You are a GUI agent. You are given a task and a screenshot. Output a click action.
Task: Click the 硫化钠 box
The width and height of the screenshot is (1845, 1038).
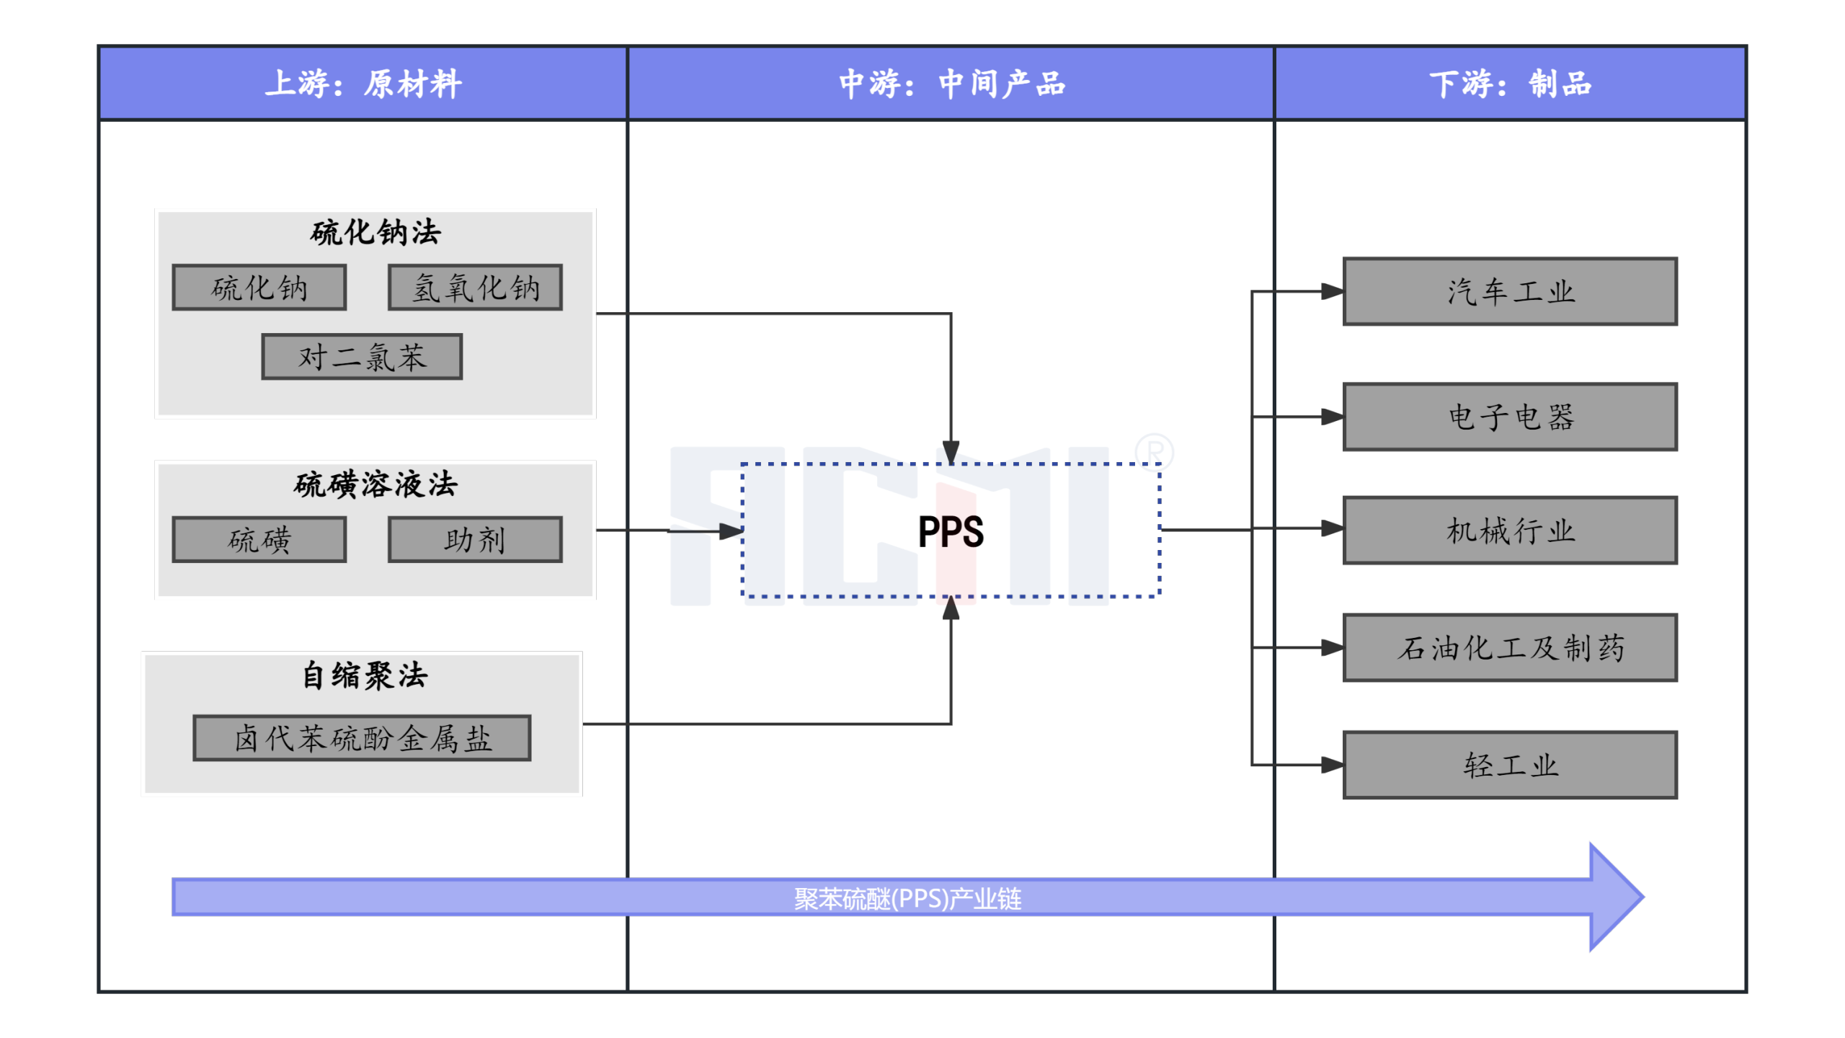(x=259, y=288)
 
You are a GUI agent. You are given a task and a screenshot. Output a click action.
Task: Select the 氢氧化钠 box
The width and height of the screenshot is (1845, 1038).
(x=474, y=288)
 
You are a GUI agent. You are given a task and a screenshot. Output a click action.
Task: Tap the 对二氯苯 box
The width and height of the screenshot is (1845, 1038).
(x=361, y=356)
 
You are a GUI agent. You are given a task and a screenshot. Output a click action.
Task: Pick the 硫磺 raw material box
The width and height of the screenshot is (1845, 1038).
(x=259, y=538)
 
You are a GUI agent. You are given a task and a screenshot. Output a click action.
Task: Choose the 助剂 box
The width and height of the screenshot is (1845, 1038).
(x=474, y=538)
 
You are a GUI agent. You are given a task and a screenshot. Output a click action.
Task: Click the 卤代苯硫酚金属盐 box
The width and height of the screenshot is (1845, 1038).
(x=361, y=737)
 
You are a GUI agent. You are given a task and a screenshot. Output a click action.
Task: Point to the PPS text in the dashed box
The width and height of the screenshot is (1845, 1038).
(x=950, y=531)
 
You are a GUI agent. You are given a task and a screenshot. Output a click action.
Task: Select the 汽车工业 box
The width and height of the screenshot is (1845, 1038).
(x=1509, y=291)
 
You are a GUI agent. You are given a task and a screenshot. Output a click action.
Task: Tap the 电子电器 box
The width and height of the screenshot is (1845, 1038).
(x=1509, y=416)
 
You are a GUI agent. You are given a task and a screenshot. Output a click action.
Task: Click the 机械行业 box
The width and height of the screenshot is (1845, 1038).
(x=1509, y=530)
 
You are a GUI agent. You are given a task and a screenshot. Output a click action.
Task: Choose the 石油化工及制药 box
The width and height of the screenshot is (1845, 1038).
(x=1509, y=647)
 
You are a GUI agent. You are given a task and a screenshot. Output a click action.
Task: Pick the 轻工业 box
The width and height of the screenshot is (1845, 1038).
(x=1509, y=764)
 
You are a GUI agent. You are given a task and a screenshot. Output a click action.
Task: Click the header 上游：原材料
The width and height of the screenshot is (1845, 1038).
(x=363, y=84)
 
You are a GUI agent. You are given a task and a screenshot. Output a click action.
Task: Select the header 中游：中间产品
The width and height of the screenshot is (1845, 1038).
(x=951, y=84)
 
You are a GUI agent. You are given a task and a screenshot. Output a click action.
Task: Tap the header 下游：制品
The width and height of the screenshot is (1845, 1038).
(x=1509, y=84)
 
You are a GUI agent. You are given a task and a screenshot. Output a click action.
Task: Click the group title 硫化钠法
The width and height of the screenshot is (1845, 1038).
(x=375, y=232)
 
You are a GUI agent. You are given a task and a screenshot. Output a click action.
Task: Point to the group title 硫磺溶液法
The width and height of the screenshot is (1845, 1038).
(x=375, y=484)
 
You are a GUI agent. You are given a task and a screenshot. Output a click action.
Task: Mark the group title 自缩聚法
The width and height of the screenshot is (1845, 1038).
(x=364, y=675)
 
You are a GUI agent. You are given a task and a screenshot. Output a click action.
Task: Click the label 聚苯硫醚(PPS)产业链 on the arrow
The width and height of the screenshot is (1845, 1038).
(x=907, y=898)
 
